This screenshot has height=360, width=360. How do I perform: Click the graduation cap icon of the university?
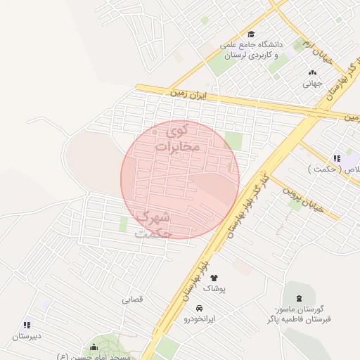[x=251, y=34]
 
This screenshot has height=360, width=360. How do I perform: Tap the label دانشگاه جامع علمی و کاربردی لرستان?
[x=250, y=50]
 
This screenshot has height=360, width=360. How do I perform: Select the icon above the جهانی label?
[x=312, y=72]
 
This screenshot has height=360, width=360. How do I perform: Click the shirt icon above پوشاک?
[x=214, y=278]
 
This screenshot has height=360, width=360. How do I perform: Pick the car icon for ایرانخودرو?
[x=200, y=308]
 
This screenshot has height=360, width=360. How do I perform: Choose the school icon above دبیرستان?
[x=27, y=325]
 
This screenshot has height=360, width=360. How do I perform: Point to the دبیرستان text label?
[x=27, y=336]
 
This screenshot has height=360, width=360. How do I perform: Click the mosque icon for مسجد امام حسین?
[x=94, y=347]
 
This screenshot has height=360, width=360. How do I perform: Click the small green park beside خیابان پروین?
[x=296, y=205]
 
